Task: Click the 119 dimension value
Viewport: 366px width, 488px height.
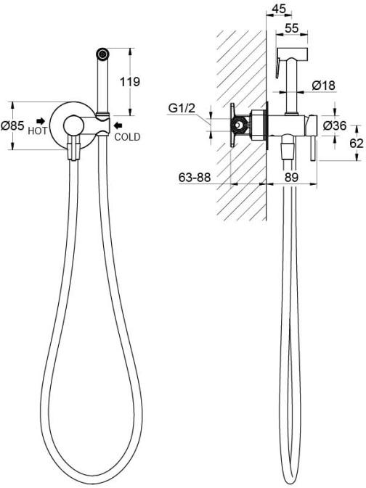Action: (130, 82)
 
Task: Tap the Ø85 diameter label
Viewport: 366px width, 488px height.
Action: (12, 125)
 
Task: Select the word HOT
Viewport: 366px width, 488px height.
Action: (38, 131)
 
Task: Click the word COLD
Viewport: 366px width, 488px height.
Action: (127, 137)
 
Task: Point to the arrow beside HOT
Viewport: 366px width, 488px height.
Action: (41, 121)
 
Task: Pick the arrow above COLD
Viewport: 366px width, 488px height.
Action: (118, 125)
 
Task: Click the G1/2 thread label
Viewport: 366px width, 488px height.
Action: (182, 108)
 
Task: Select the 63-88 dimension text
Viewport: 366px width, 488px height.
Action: (195, 178)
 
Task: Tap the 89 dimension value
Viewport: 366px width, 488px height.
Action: (291, 178)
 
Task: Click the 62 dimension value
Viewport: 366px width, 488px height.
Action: (357, 143)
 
